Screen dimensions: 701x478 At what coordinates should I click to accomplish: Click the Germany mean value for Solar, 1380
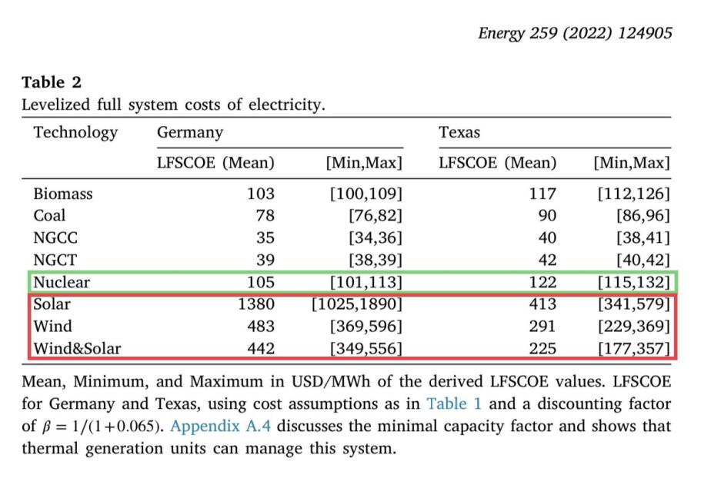255,304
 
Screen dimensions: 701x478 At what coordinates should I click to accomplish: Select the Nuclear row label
62,282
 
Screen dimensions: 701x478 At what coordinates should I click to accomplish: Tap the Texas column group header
459,132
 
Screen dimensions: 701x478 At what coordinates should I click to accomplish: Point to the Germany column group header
190,132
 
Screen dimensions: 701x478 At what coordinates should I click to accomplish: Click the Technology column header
75,132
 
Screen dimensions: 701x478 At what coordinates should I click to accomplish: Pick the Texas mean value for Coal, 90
547,216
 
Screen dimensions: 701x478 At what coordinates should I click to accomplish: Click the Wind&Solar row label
78,348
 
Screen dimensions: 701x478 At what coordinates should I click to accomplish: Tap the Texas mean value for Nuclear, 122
542,282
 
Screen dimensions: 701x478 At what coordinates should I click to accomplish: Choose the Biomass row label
63,194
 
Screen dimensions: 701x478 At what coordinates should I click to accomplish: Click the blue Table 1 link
454,403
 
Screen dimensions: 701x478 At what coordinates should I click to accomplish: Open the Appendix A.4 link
220,426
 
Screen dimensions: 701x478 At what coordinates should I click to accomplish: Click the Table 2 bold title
52,82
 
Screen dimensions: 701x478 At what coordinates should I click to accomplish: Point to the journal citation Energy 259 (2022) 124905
575,33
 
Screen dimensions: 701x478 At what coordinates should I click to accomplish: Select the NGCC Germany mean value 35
265,237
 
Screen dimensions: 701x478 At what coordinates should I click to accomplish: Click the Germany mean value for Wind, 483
261,327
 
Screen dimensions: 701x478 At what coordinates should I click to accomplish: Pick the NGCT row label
55,260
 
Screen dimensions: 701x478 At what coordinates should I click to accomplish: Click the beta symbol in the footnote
46,427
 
